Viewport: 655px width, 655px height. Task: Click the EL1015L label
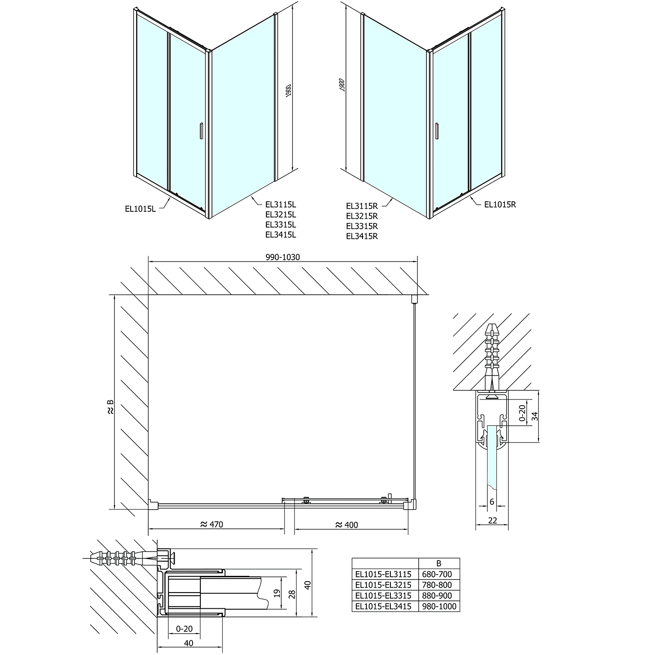pos(140,209)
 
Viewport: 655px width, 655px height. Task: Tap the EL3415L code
pos(280,234)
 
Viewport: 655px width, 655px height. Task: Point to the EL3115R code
pos(362,205)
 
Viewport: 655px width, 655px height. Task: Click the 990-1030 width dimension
pos(283,257)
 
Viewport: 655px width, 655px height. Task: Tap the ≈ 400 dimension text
pos(346,524)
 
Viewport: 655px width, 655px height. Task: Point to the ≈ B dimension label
pos(110,407)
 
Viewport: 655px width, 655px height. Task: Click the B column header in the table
pos(439,563)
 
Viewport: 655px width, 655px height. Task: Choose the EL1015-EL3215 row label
pos(383,585)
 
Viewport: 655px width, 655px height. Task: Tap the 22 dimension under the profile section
pos(492,520)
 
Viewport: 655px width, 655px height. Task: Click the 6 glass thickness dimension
pos(492,502)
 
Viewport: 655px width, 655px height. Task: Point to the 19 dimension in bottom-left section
pos(276,593)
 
